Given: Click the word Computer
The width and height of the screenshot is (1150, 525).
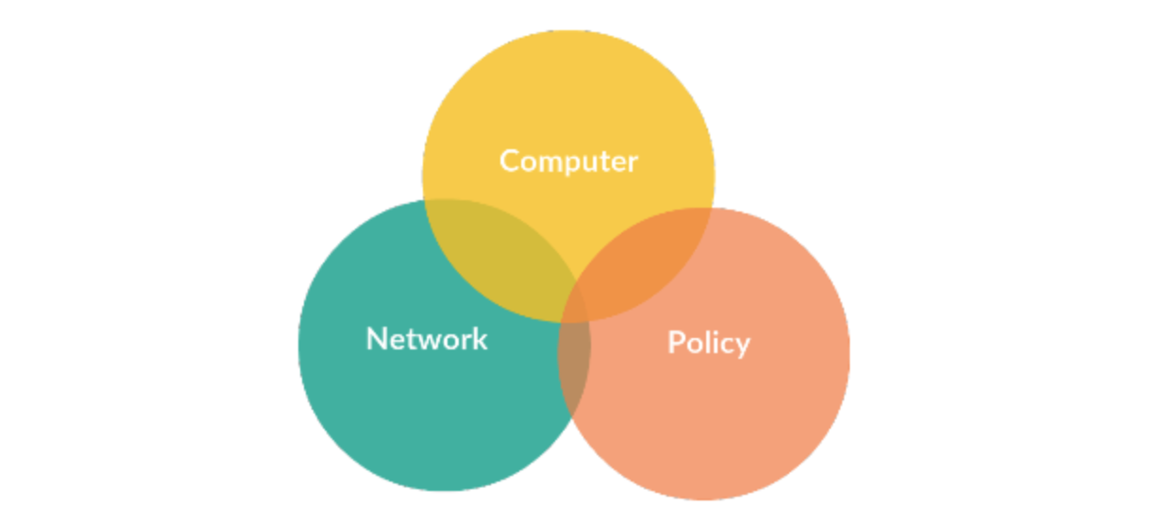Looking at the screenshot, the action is (568, 162).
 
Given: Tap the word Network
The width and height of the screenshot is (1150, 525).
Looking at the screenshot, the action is (427, 339).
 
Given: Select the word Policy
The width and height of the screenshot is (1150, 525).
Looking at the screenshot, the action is (709, 344).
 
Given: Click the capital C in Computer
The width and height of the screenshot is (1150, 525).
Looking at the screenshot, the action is (510, 161).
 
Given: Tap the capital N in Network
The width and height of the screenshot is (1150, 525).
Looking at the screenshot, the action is (377, 339).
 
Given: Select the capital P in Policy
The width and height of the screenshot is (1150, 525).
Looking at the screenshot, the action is (676, 343).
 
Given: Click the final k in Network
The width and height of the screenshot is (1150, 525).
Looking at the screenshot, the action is (479, 339).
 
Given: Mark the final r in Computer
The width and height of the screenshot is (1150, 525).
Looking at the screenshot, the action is (634, 164).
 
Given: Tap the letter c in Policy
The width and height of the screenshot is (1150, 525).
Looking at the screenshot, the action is (725, 346).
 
